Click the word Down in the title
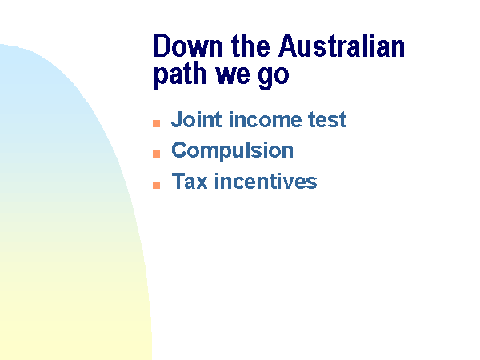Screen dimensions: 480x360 [x=188, y=46]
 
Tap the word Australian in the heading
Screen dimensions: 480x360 [x=342, y=46]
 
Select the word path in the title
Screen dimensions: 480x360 [x=180, y=75]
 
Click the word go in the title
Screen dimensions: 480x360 [x=274, y=78]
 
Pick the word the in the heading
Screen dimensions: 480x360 [x=250, y=46]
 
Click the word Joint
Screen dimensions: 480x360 [x=197, y=119]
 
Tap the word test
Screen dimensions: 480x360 [x=327, y=120]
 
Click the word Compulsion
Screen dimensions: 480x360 [x=232, y=150]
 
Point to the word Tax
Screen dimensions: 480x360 [x=190, y=182]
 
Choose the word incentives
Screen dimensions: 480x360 [x=266, y=182]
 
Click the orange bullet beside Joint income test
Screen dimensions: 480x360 [x=157, y=123]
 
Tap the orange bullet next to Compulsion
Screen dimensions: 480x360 [x=157, y=154]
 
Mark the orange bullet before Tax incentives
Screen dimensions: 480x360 [x=157, y=185]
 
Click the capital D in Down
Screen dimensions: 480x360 [x=162, y=46]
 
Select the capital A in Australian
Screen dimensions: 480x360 [x=288, y=46]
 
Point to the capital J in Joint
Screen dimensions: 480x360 [x=177, y=120]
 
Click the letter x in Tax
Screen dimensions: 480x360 [x=202, y=183]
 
